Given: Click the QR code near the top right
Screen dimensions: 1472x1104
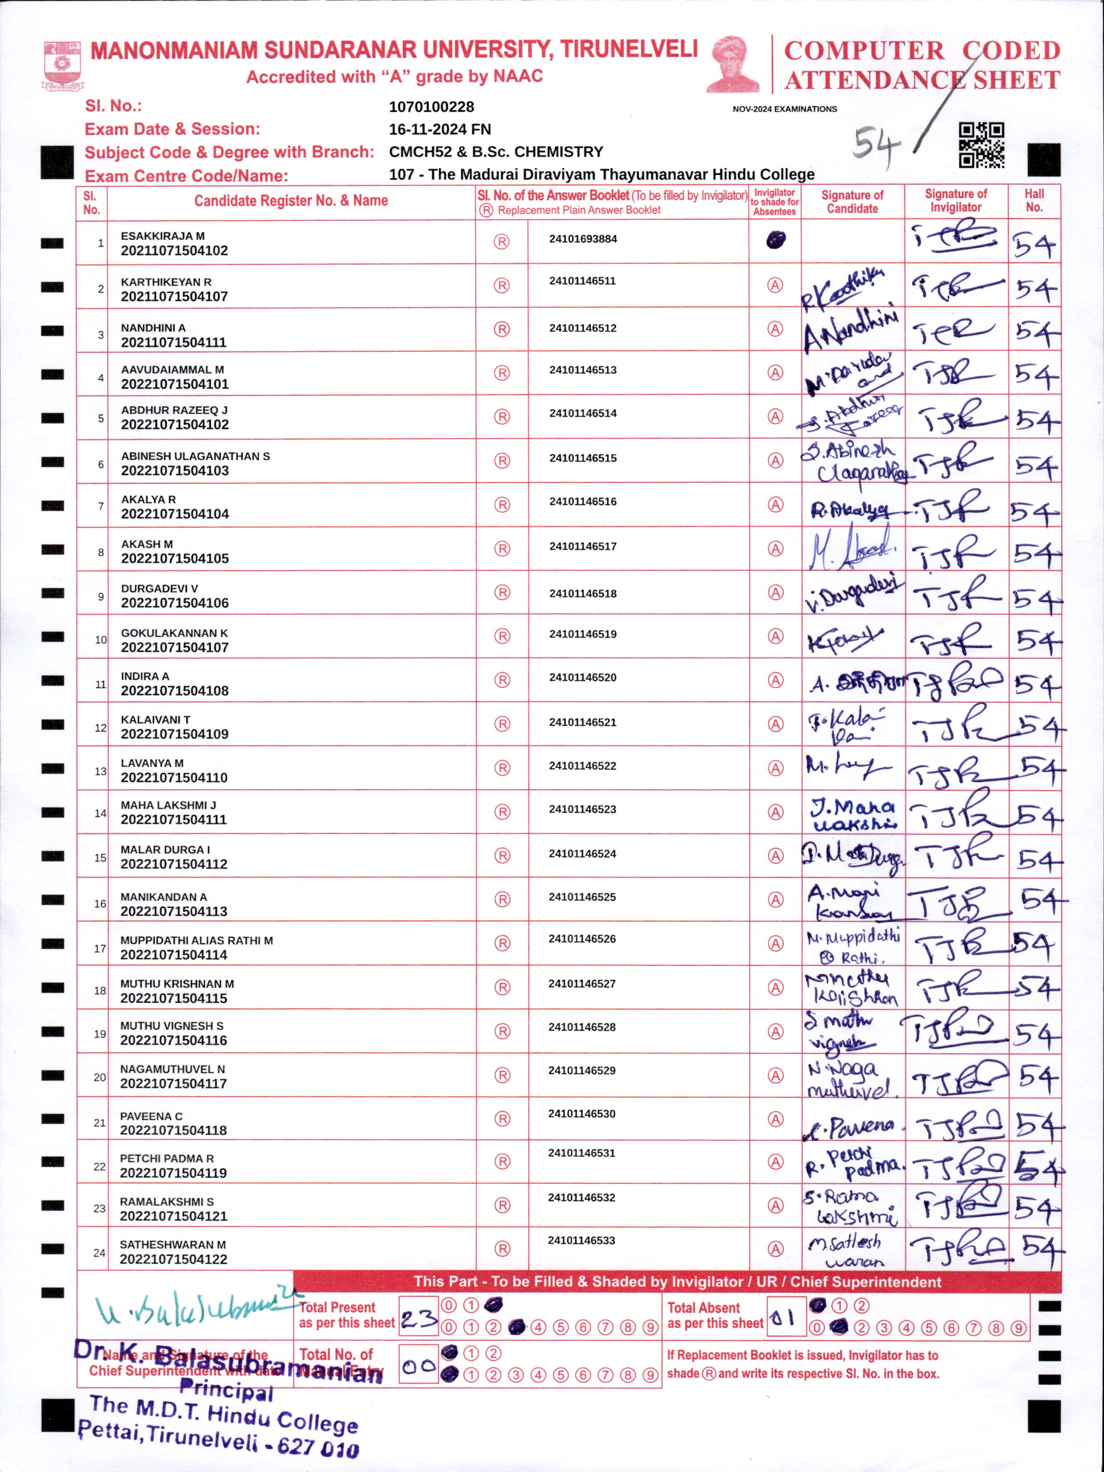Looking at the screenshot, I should [981, 145].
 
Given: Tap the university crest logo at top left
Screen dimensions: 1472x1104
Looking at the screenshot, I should [62, 65].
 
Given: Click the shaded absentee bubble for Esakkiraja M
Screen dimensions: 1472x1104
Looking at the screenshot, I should [775, 239].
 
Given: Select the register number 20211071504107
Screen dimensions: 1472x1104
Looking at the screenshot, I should [174, 297].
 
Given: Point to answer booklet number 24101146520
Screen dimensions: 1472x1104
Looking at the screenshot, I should [583, 678].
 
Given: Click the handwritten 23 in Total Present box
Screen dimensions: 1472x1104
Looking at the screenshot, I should [419, 1318].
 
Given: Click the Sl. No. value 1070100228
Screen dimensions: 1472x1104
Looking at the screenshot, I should [431, 107].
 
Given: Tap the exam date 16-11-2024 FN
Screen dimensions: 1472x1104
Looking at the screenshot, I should [440, 129].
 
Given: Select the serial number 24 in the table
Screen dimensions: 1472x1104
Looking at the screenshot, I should [99, 1252].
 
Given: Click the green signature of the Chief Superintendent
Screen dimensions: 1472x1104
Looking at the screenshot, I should [193, 1308].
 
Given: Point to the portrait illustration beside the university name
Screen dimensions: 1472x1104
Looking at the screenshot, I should [732, 65].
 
